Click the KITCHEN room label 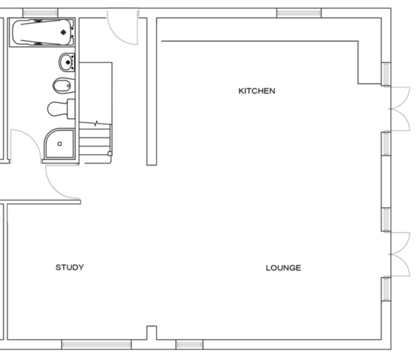[256, 91]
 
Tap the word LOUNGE [283, 268]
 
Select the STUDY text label [69, 267]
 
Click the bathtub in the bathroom [42, 32]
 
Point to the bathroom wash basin [66, 61]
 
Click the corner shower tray [59, 144]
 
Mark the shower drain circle [59, 144]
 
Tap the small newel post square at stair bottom [110, 153]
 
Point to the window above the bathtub [40, 13]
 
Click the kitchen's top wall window [298, 13]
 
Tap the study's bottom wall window [96, 344]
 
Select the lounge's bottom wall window [189, 344]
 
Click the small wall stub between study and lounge [151, 333]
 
